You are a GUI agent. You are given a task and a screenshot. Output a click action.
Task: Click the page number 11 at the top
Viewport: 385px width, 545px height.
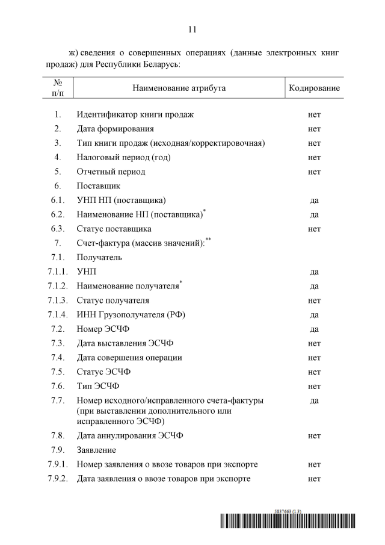[x=192, y=29]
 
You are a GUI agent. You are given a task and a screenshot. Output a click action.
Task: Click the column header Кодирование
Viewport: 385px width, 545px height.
[x=314, y=89]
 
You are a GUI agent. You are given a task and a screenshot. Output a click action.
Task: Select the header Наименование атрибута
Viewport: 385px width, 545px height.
[x=179, y=89]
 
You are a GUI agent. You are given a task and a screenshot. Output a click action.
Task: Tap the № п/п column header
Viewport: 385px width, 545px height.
[x=58, y=88]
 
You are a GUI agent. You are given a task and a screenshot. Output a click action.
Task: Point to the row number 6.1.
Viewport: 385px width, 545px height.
[x=58, y=200]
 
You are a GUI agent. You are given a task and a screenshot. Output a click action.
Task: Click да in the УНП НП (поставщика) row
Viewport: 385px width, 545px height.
[x=314, y=200]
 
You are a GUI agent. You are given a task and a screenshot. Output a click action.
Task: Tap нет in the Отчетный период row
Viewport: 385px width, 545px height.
[x=314, y=172]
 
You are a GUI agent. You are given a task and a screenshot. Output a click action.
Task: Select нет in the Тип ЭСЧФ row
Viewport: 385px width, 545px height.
[x=314, y=386]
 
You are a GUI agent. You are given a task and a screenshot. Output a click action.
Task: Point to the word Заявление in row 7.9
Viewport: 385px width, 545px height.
[x=97, y=450]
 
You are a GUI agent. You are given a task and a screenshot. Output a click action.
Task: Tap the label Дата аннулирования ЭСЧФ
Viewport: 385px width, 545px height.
[x=130, y=435]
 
